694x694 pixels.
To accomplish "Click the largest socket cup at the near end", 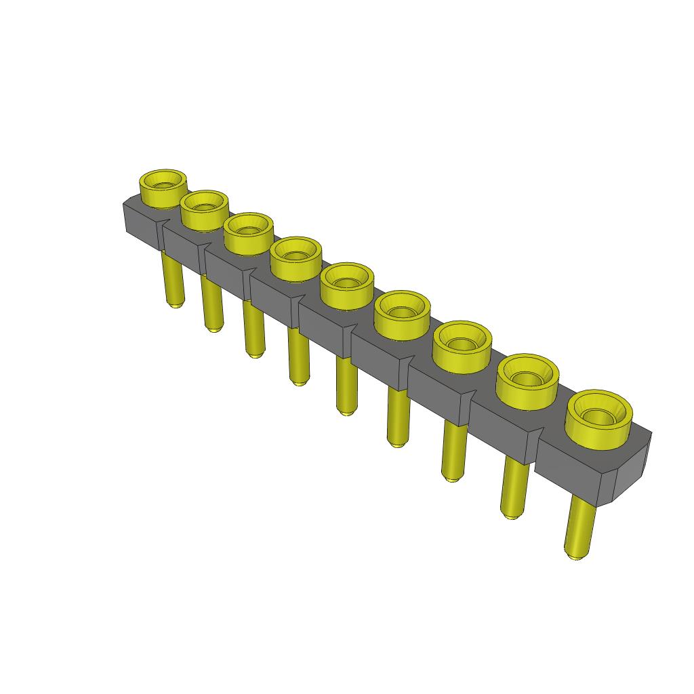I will coord(598,419).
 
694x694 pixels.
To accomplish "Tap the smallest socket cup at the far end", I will coord(163,188).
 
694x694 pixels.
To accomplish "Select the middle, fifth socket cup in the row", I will coord(346,285).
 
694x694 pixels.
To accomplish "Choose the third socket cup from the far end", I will coord(248,233).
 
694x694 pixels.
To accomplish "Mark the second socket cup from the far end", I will coord(204,209).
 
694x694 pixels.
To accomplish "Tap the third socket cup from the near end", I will coord(462,345).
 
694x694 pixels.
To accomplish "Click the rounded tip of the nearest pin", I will coord(575,555).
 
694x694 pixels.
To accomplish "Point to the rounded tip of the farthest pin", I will coord(175,304).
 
